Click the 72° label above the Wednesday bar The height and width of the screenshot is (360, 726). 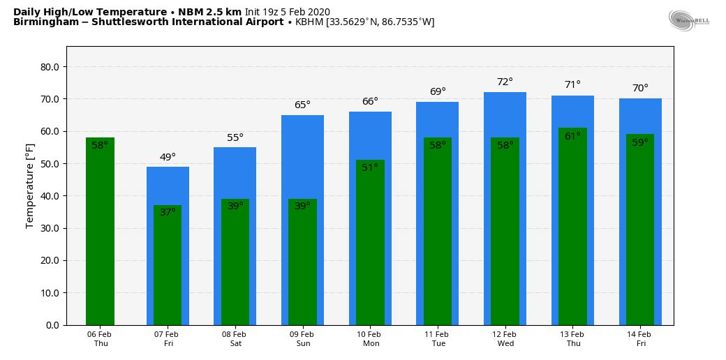pos(505,82)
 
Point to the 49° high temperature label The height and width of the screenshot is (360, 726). pos(168,158)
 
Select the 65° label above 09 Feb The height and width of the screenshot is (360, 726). pos(302,105)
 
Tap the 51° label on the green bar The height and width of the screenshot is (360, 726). pos(370,168)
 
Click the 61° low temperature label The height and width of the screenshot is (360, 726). pos(572,137)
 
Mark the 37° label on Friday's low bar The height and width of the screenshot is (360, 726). pos(168,213)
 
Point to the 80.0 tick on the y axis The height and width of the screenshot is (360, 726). pos(50,67)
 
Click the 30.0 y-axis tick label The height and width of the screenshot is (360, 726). pos(50,228)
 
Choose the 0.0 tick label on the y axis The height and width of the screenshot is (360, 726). pos(52,325)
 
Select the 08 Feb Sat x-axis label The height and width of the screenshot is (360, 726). pos(235,339)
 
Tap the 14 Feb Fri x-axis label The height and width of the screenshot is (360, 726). pos(640,339)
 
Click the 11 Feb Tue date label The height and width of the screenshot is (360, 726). pos(438,339)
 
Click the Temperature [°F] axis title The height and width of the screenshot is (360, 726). pos(30,186)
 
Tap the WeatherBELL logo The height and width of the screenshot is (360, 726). pos(688,20)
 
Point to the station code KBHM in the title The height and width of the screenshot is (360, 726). pos(309,22)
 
